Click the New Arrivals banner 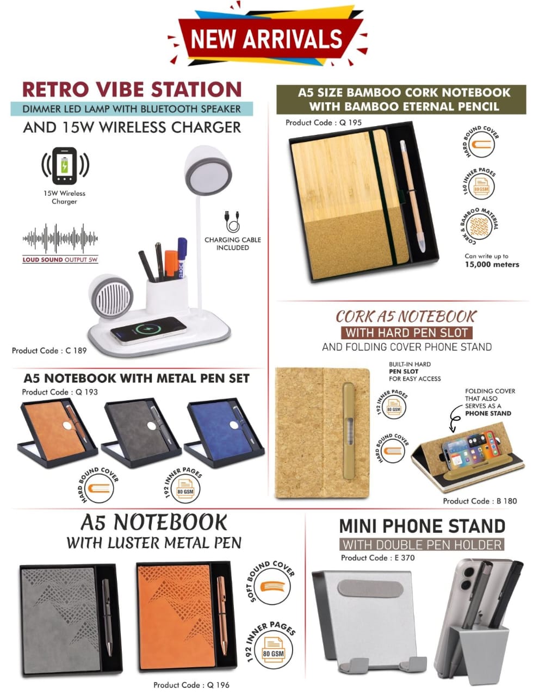tap(268, 38)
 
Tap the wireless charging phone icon tap(65, 166)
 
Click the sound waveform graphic tap(60, 238)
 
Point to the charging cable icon tap(232, 221)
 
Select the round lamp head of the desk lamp tap(208, 171)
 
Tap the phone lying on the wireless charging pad tap(148, 330)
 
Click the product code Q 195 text tap(323, 122)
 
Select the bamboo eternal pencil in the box tap(412, 196)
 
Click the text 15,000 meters tap(492, 264)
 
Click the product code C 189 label tap(49, 350)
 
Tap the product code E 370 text tap(377, 558)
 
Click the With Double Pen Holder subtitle tap(422, 544)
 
